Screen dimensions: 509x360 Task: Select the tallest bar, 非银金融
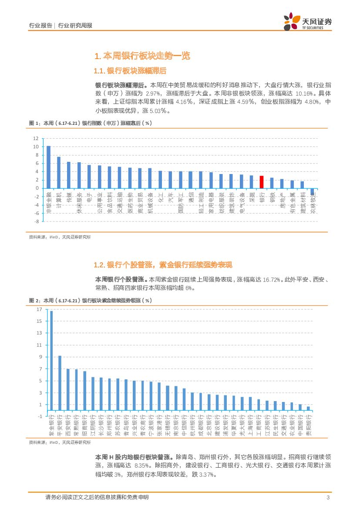pyautogui.click(x=48, y=167)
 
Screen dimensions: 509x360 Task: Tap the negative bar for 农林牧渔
pyautogui.click(x=312, y=192)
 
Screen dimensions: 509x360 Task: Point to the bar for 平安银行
pyautogui.click(x=60, y=383)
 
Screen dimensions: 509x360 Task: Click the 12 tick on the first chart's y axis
pyautogui.click(x=36, y=138)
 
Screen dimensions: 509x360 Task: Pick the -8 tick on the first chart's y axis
pyautogui.click(x=36, y=221)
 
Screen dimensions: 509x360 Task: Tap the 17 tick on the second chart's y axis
pyautogui.click(x=39, y=309)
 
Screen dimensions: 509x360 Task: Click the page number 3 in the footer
pyautogui.click(x=327, y=498)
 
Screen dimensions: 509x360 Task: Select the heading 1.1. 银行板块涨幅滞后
pyautogui.click(x=130, y=71)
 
